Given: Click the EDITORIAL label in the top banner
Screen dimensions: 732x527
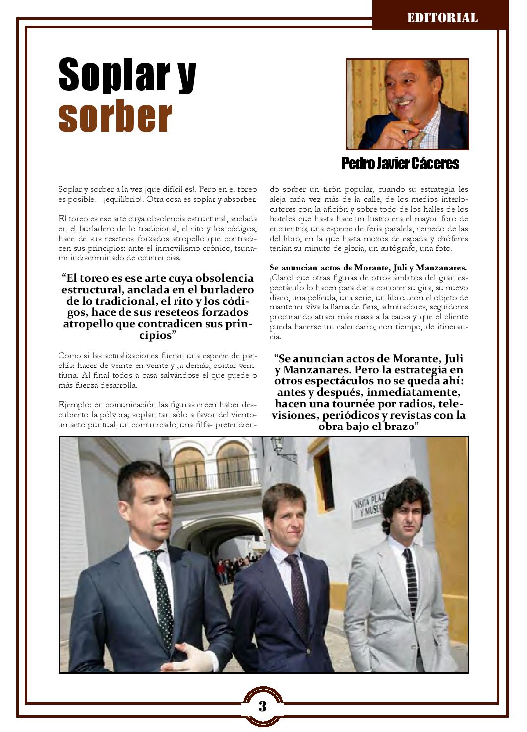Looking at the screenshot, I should coord(442,18).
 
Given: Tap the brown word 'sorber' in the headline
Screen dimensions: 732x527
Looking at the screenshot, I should coord(115,117).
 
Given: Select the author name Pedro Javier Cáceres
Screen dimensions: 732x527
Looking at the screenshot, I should coord(400,164).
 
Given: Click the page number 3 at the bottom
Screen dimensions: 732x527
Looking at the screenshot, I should coord(262,706).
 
